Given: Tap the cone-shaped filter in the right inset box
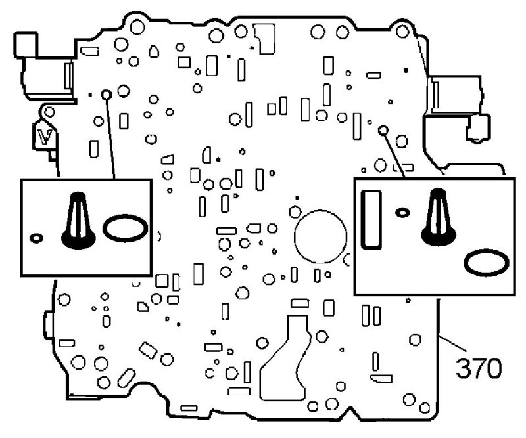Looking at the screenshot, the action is [x=435, y=213].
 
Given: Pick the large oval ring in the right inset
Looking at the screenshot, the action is [x=486, y=263].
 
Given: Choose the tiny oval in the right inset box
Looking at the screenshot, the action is [x=403, y=211].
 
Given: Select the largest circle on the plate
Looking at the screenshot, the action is [x=320, y=235].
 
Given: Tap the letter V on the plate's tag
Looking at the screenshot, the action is [x=45, y=137].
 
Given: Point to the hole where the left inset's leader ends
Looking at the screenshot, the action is [x=105, y=94].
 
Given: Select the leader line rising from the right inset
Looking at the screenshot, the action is [x=393, y=154].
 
